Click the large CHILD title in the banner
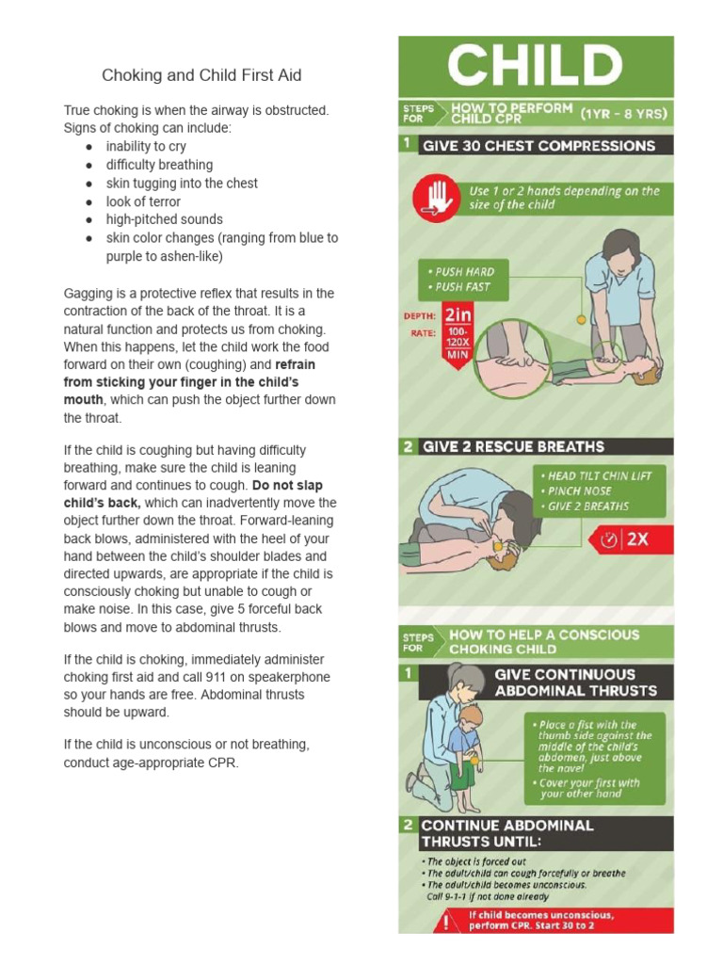click(535, 67)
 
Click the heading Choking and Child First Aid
click(201, 75)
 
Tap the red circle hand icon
click(434, 200)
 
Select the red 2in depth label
click(458, 315)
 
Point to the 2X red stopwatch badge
click(627, 539)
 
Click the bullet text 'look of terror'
click(143, 201)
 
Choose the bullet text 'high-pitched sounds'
click(164, 219)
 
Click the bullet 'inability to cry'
click(146, 146)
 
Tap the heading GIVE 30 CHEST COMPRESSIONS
click(538, 146)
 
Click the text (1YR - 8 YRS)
click(624, 114)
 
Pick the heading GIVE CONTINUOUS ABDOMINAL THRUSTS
click(575, 683)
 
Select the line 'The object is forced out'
click(476, 861)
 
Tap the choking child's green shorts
click(461, 775)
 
